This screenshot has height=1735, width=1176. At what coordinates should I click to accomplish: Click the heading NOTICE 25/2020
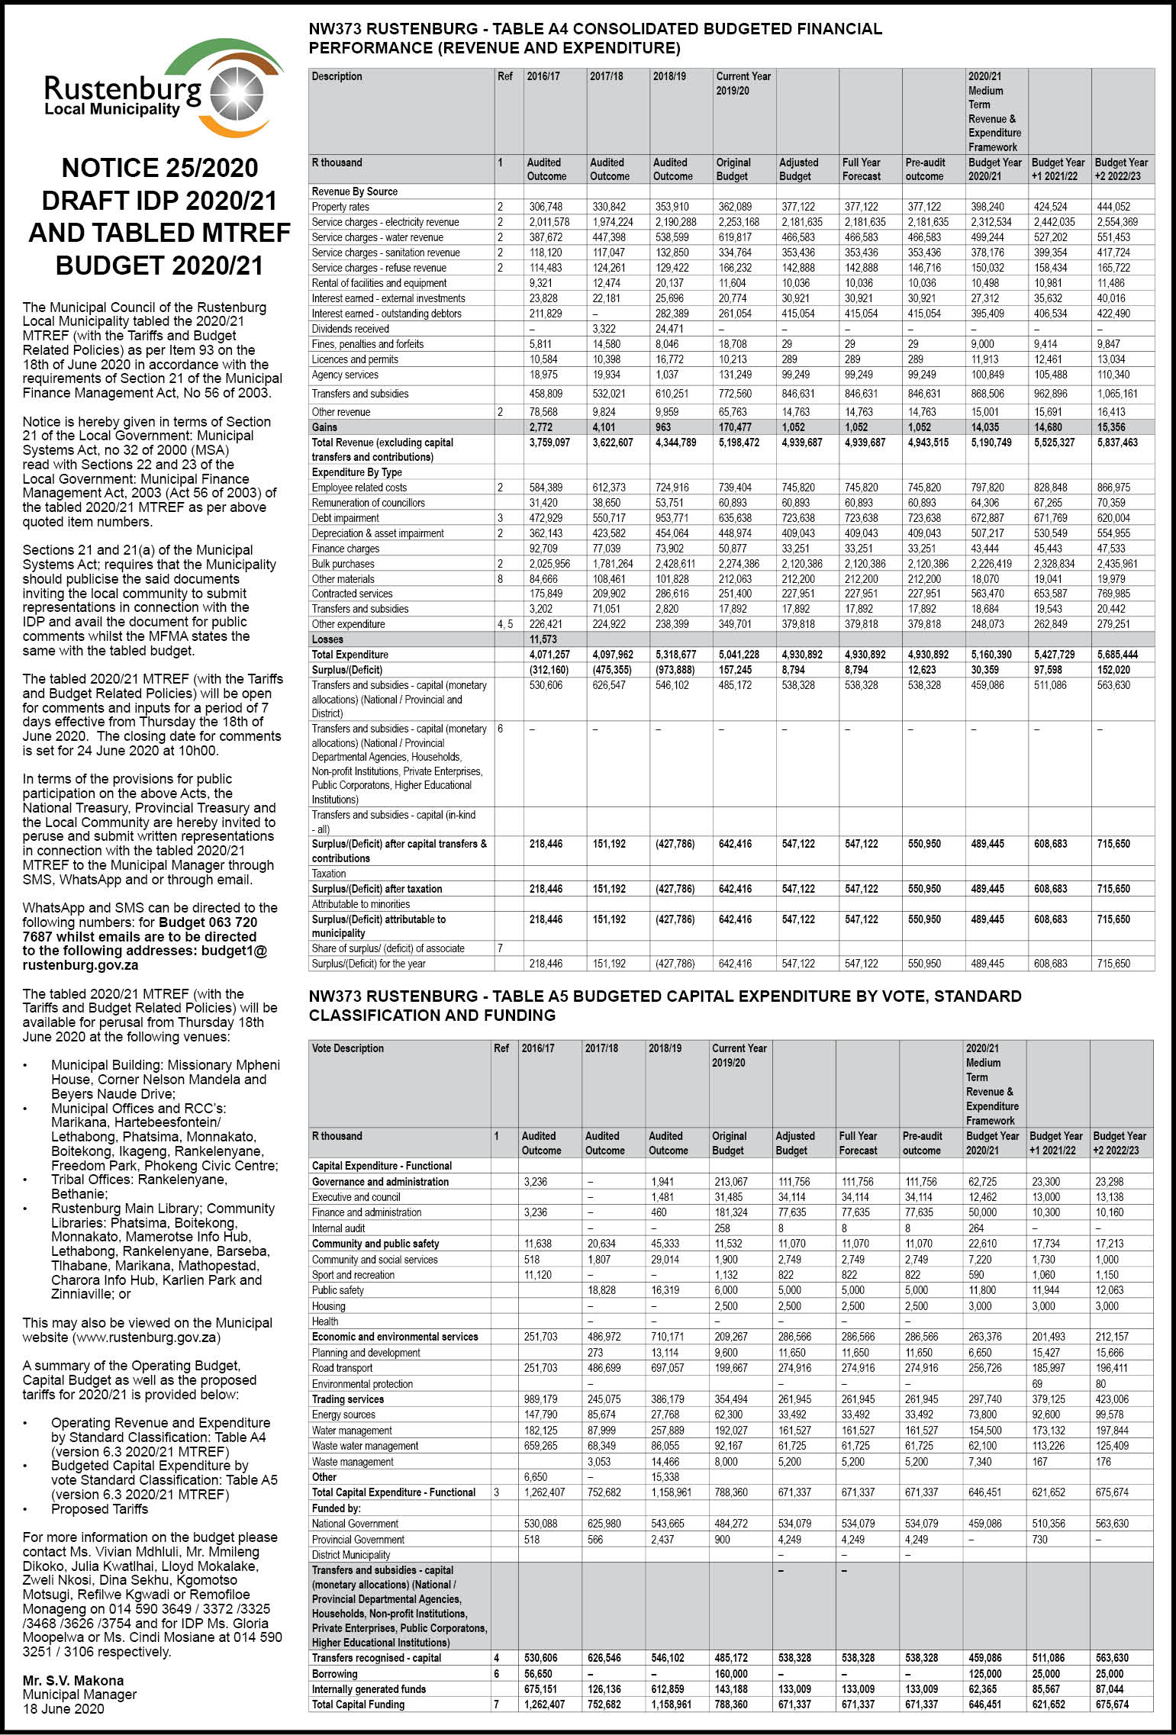point(159,168)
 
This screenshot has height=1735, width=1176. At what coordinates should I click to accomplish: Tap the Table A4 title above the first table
point(594,39)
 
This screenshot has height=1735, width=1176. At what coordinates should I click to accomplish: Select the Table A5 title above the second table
point(664,1005)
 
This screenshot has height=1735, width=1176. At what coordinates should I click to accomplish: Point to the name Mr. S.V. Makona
point(73,1680)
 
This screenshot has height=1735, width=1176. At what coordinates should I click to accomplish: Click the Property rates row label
point(340,207)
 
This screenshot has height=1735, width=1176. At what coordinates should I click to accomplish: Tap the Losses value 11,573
point(543,639)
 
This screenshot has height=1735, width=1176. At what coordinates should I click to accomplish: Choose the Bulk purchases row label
point(343,564)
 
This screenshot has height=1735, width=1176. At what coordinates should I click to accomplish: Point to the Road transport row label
point(343,1368)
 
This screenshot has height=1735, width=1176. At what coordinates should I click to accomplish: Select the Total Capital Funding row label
point(358,1704)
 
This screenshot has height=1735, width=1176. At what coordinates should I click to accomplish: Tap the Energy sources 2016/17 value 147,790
point(540,1415)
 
